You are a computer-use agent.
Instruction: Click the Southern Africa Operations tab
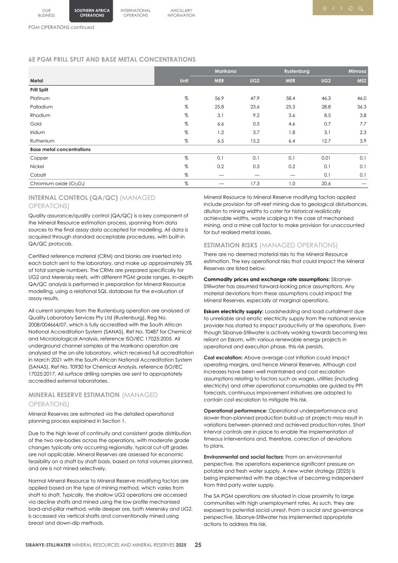point(92,13)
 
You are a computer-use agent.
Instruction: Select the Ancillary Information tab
point(181,13)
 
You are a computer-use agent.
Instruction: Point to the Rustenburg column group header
point(297,71)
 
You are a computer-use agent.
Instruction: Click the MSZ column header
point(361,81)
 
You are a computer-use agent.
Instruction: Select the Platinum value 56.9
point(219,99)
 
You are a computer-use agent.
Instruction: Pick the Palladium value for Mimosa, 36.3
point(361,107)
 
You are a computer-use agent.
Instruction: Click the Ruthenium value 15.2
point(254,141)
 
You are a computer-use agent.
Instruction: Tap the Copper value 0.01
point(326,158)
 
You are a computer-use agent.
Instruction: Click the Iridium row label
point(38,132)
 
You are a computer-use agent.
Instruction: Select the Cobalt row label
point(38,175)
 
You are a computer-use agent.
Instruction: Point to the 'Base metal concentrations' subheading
point(60,150)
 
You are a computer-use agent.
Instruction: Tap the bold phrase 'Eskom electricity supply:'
point(233,311)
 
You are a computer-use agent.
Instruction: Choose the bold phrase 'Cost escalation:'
point(223,358)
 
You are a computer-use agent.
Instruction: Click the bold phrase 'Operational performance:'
point(236,411)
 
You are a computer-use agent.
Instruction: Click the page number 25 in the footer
point(198,545)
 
